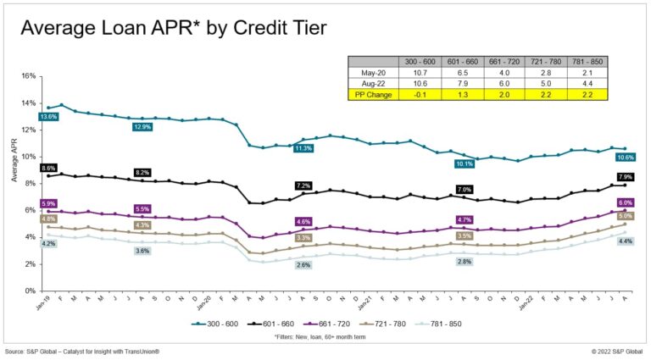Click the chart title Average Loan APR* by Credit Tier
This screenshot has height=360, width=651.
coord(173,29)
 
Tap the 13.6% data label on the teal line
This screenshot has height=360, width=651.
coord(48,117)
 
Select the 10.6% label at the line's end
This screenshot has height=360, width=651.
coord(626,158)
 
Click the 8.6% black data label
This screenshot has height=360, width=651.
coord(48,169)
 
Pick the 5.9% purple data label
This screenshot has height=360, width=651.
coord(48,203)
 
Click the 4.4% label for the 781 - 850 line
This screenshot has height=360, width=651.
coord(626,241)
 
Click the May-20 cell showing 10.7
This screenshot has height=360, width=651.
coord(422,73)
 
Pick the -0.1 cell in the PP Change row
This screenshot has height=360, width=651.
coord(422,93)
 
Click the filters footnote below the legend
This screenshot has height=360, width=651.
coord(325,338)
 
